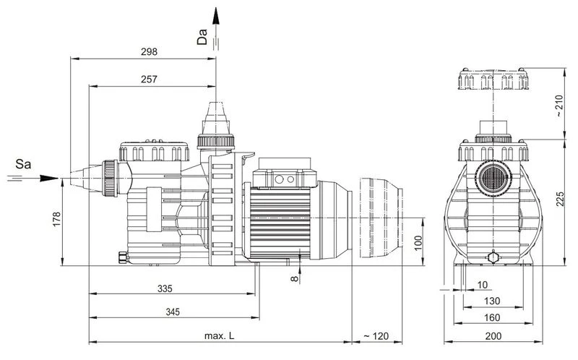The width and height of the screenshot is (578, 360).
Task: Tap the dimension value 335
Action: [165, 289]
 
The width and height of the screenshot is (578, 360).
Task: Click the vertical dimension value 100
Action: [418, 242]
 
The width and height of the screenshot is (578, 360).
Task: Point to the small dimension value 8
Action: [295, 277]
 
